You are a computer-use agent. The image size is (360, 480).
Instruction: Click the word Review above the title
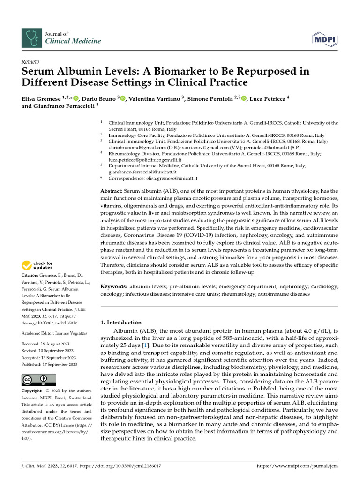(x=30, y=61)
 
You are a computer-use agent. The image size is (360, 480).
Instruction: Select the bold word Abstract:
(x=112, y=192)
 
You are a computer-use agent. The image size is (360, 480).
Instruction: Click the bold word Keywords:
(x=114, y=286)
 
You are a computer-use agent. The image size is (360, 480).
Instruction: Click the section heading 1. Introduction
(x=121, y=322)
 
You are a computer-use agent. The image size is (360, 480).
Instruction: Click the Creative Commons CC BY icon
(x=38, y=380)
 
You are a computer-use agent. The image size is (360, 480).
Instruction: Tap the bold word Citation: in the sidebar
(x=30, y=275)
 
